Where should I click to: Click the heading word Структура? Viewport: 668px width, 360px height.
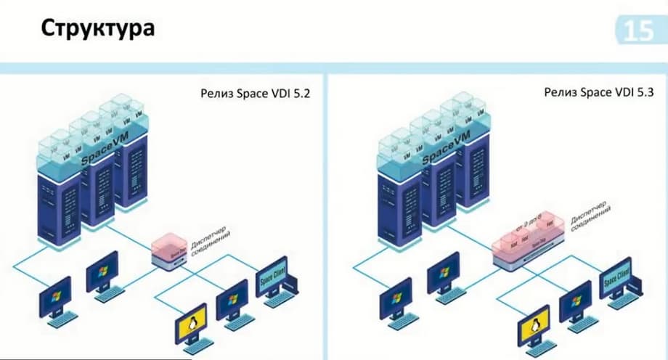(x=97, y=29)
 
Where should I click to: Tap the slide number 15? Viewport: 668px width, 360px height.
(x=639, y=31)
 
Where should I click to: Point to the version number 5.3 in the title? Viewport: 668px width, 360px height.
(x=634, y=94)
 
